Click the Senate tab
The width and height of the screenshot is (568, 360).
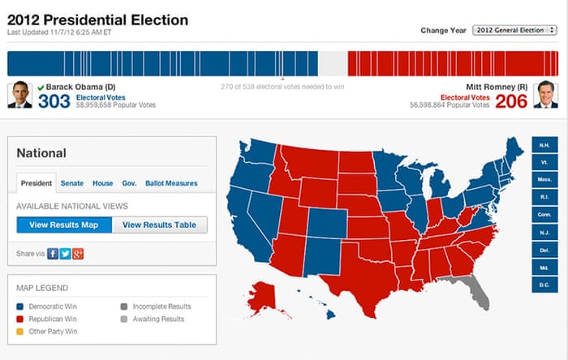coord(72,184)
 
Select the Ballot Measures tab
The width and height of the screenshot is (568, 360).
coord(171,184)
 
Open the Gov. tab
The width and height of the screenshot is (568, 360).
coord(129,184)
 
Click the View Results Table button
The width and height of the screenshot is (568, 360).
coord(159,225)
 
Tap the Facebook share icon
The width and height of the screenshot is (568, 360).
coord(53,254)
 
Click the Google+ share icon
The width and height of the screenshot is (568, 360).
coord(78,254)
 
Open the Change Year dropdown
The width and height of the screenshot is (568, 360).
coord(510,30)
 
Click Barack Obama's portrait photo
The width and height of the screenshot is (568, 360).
coord(19,95)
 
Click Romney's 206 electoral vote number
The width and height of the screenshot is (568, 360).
coord(511,101)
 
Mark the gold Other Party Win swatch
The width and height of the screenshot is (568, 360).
coord(20,332)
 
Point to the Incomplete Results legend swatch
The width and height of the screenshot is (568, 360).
coord(123,306)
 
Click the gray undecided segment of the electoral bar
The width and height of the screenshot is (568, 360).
coord(333,63)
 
